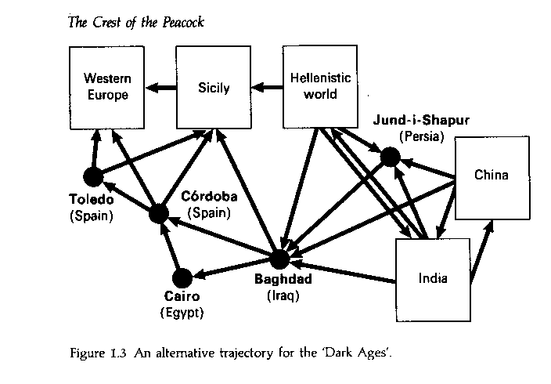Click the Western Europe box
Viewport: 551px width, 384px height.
click(x=107, y=86)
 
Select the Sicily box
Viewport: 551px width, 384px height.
click(x=214, y=87)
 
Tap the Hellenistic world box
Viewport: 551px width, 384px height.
click(x=320, y=87)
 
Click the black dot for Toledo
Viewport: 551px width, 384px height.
click(x=95, y=177)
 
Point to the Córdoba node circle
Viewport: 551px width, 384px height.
click(x=160, y=212)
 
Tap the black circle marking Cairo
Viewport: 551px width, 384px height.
click(x=182, y=277)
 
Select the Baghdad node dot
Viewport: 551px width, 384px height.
click(x=280, y=259)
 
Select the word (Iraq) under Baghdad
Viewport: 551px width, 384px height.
click(x=283, y=295)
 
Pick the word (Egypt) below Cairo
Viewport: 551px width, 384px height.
click(x=182, y=313)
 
